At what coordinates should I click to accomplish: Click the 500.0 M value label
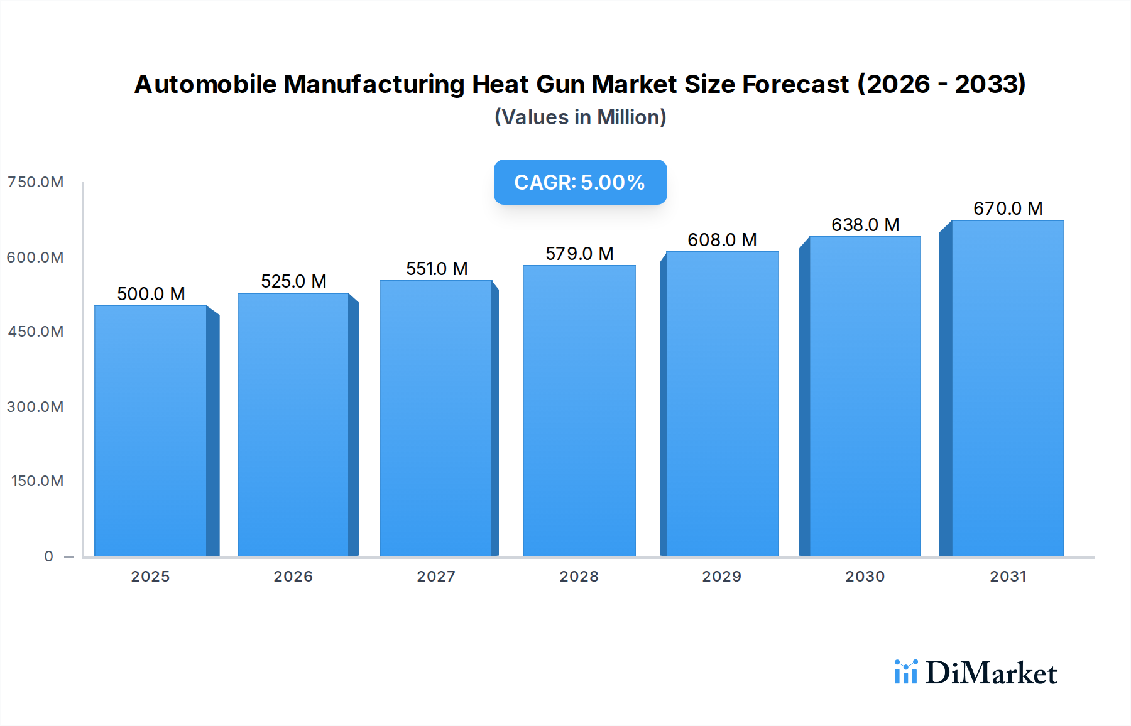pyautogui.click(x=151, y=294)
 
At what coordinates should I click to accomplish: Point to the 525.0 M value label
pyautogui.click(x=293, y=281)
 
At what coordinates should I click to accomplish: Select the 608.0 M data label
pyautogui.click(x=722, y=240)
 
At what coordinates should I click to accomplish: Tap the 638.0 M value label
pyautogui.click(x=865, y=225)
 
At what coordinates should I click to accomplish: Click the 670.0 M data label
pyautogui.click(x=1008, y=209)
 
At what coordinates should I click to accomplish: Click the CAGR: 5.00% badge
pyautogui.click(x=580, y=182)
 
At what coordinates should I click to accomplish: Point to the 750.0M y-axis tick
pyautogui.click(x=35, y=182)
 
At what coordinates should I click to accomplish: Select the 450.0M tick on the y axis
pyautogui.click(x=35, y=332)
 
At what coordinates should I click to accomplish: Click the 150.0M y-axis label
pyautogui.click(x=37, y=481)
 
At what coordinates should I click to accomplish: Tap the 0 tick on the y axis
pyautogui.click(x=48, y=556)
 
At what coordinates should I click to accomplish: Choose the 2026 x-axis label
pyautogui.click(x=293, y=577)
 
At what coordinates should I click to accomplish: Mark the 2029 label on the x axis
pyautogui.click(x=721, y=577)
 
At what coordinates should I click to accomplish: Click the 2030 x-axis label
pyautogui.click(x=865, y=577)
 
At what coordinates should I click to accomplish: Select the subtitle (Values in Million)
pyautogui.click(x=580, y=117)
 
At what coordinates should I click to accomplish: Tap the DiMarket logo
pyautogui.click(x=975, y=673)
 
